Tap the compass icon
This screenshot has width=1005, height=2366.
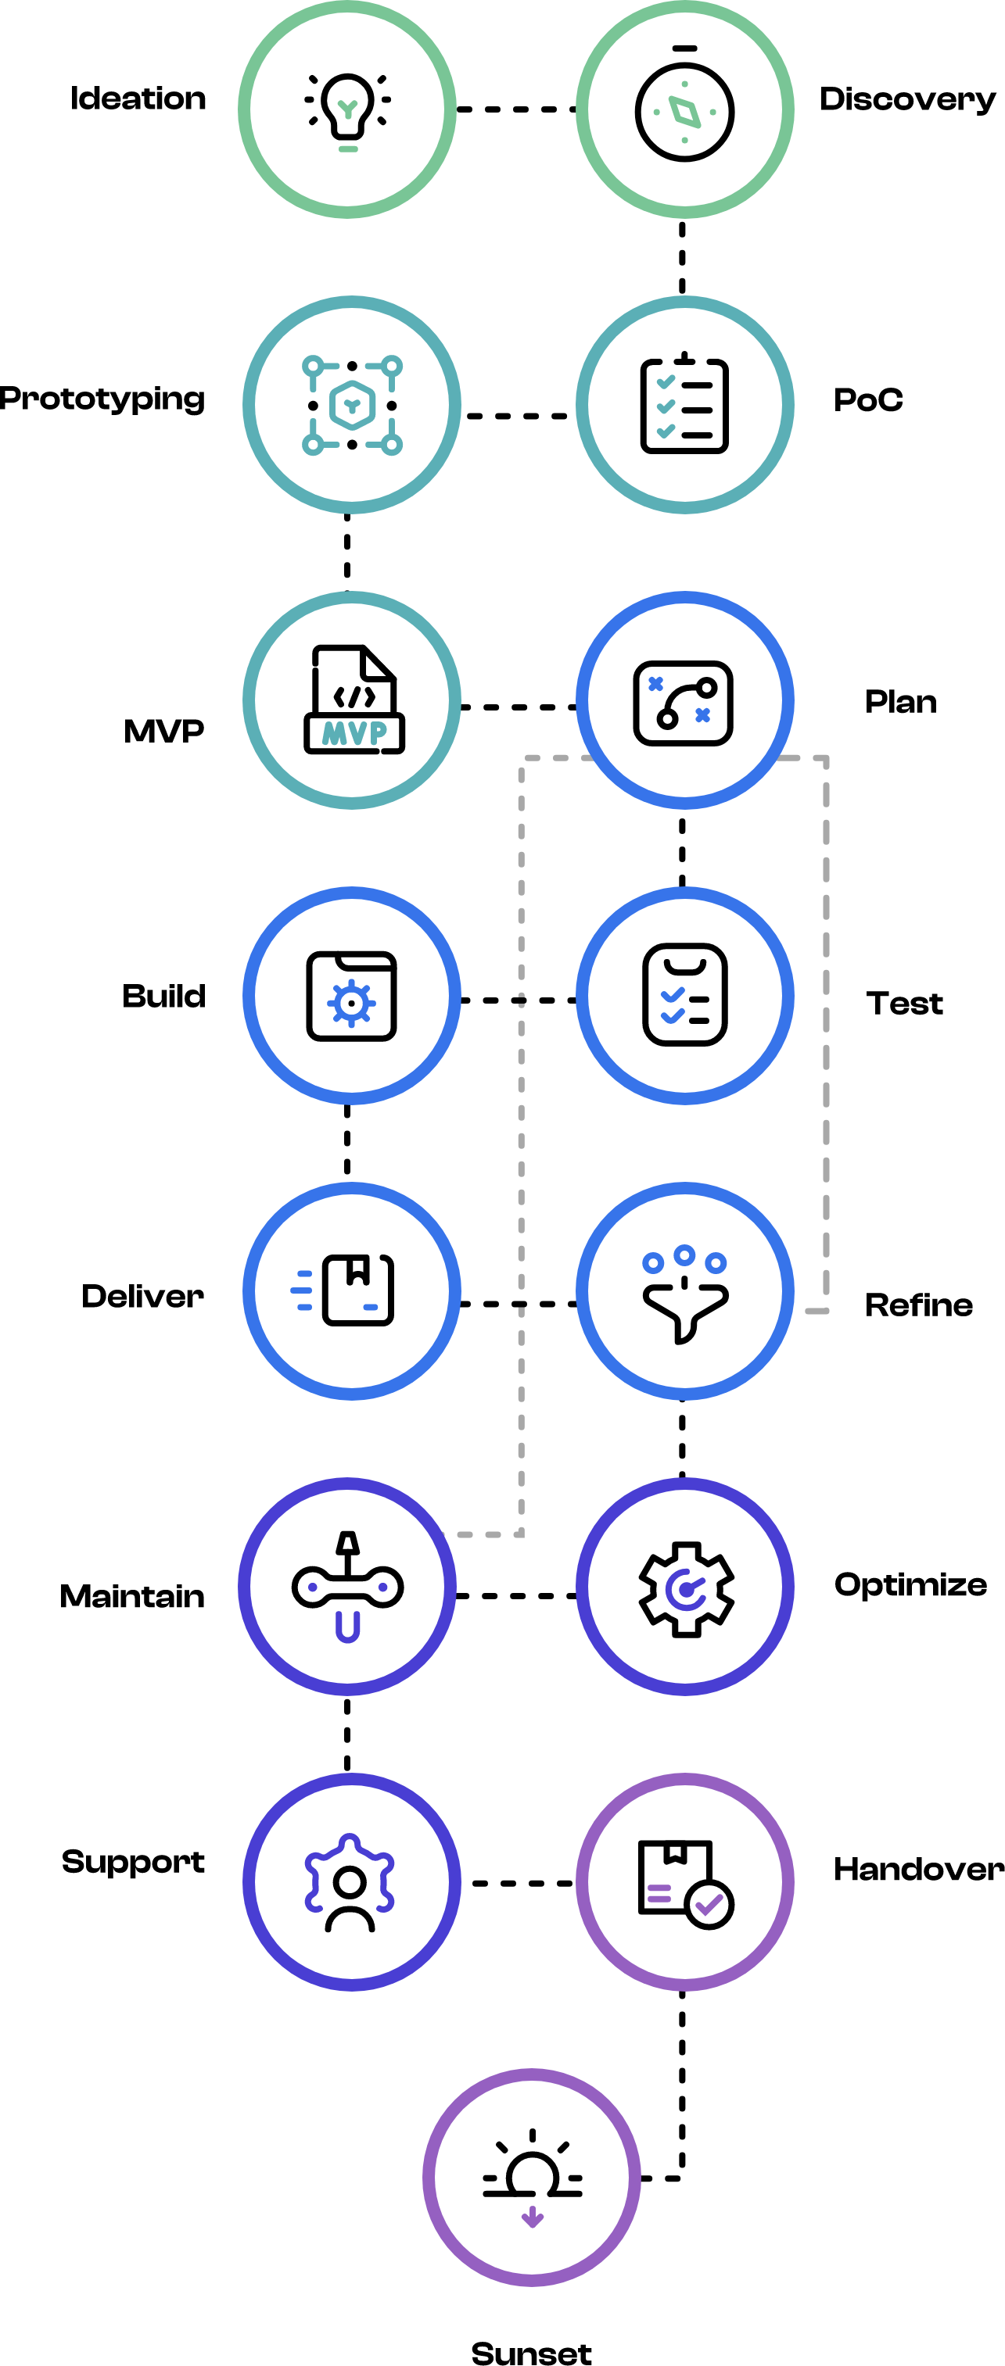click(x=684, y=111)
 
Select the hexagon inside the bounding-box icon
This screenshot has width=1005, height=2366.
click(x=352, y=405)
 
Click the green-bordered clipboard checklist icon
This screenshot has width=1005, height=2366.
click(x=684, y=405)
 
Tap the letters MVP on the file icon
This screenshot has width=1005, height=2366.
click(x=354, y=733)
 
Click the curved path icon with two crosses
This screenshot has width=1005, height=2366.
click(x=683, y=703)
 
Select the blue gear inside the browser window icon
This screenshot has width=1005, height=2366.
click(x=351, y=1003)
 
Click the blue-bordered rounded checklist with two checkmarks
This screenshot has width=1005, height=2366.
click(x=684, y=995)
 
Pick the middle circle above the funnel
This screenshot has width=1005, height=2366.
click(x=684, y=1255)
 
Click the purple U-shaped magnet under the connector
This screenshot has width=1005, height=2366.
click(x=347, y=1627)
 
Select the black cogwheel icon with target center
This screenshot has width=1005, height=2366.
click(x=685, y=1588)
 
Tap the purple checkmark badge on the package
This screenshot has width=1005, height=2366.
click(x=709, y=1905)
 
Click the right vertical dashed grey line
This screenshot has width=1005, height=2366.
click(x=826, y=1029)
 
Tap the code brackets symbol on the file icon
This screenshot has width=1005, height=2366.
click(x=354, y=696)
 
